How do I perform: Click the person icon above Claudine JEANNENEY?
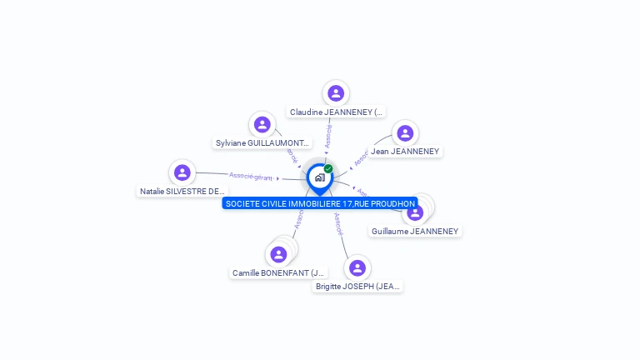(336, 93)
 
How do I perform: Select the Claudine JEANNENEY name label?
(336, 112)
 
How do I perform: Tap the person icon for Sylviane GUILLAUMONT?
(262, 125)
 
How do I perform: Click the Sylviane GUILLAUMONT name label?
(262, 143)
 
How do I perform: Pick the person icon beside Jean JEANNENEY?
(405, 133)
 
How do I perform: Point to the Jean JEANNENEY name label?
(405, 152)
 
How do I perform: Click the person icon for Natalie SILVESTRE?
(182, 172)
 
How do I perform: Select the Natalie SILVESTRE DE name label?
(182, 191)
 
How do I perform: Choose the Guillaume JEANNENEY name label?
(415, 231)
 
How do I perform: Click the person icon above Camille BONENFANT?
(278, 254)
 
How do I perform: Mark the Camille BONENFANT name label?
(278, 272)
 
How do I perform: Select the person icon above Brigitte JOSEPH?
(357, 268)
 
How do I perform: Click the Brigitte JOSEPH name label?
(357, 287)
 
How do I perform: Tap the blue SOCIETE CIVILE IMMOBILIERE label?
(320, 203)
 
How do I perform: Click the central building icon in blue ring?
(319, 177)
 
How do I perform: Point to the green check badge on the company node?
(328, 168)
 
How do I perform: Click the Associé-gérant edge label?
(251, 176)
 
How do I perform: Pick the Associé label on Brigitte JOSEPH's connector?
(339, 222)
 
